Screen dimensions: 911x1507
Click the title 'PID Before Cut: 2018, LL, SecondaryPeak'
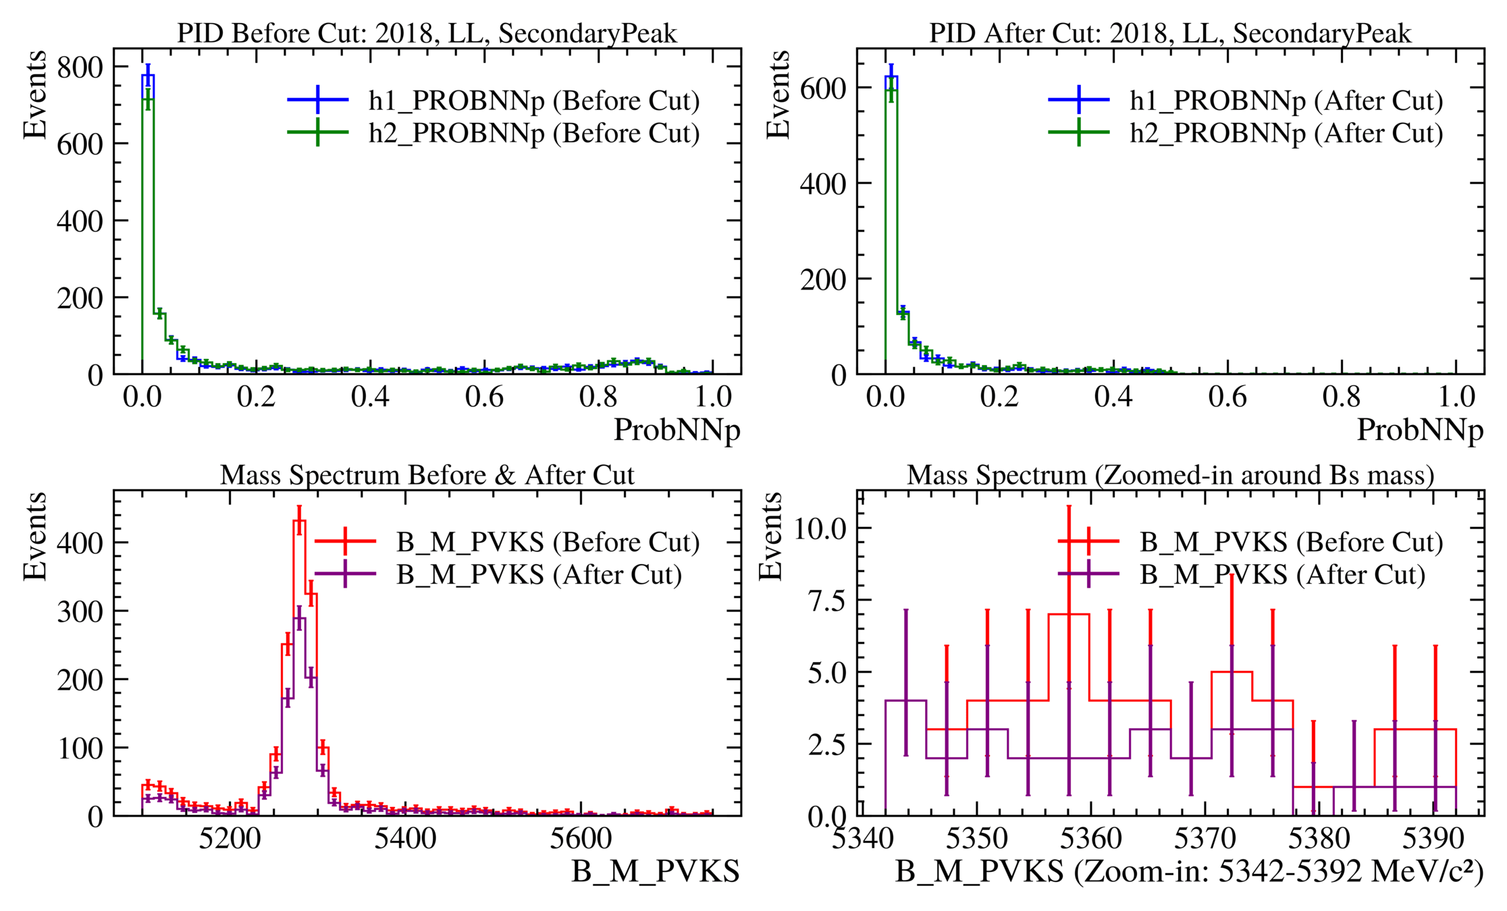tap(427, 33)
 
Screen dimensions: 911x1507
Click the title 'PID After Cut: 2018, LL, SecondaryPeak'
tap(1170, 33)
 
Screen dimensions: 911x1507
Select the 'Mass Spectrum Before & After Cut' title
tap(427, 475)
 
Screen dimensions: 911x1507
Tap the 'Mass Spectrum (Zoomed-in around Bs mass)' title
tap(1170, 475)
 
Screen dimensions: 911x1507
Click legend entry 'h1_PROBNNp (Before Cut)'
tap(533, 101)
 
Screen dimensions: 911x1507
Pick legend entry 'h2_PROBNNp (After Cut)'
tap(1286, 133)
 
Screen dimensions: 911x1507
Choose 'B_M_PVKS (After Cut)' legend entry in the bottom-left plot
tap(539, 574)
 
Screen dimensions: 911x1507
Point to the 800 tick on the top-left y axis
tap(80, 67)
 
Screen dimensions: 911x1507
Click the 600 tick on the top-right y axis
tap(823, 88)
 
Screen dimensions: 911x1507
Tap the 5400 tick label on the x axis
tap(405, 839)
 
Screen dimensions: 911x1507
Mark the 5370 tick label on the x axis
tap(1205, 839)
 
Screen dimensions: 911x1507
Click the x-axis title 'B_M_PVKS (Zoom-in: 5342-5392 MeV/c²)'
tap(1189, 871)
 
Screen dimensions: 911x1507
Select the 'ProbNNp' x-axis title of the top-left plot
tap(677, 430)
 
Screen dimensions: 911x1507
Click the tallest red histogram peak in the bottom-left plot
tap(299, 521)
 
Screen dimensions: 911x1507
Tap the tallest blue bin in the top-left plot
tap(148, 76)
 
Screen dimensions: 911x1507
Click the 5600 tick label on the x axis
tap(581, 839)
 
